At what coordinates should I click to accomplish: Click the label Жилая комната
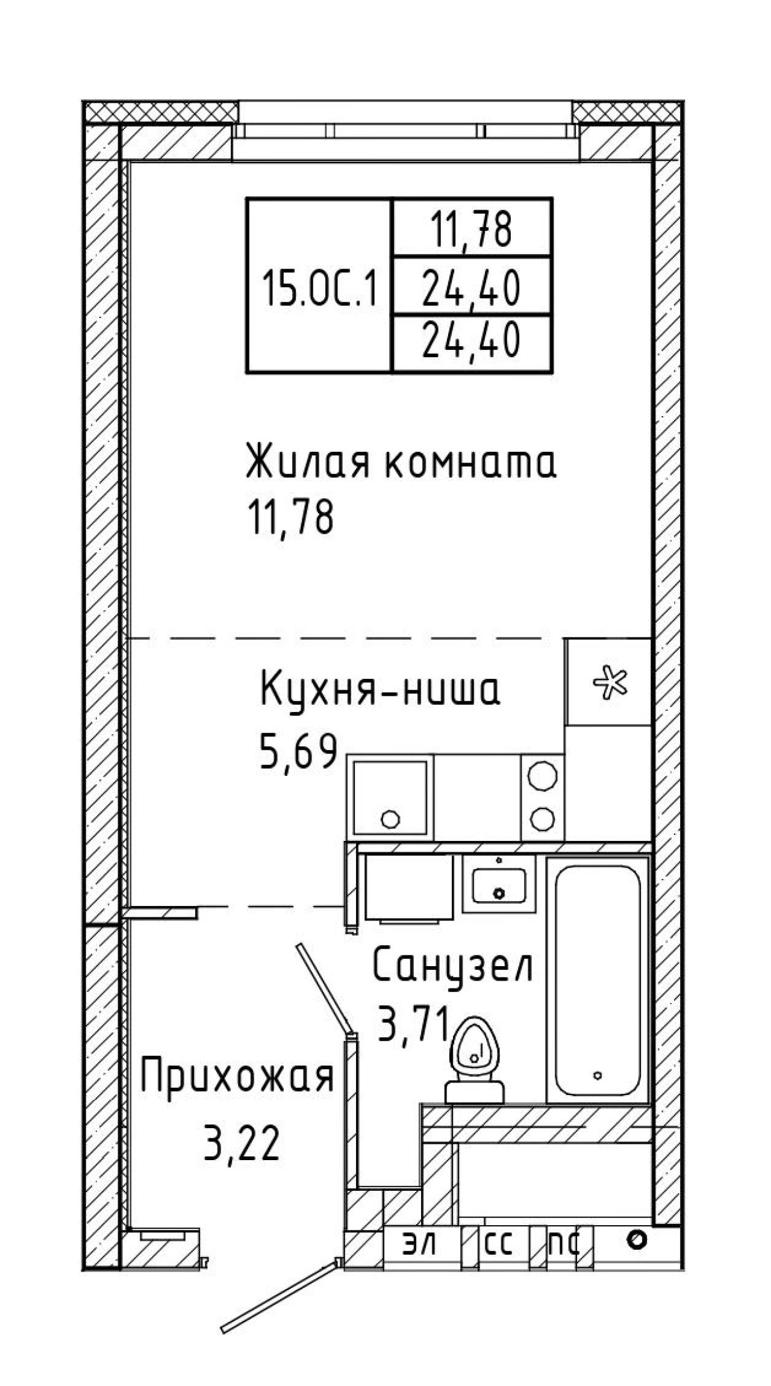401,461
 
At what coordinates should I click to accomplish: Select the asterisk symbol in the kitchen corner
610,682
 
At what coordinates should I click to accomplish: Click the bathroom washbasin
499,885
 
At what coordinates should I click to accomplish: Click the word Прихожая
237,1077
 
